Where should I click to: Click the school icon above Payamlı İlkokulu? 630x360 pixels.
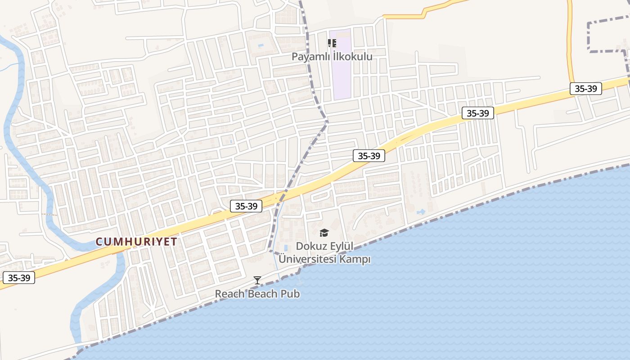[332, 43]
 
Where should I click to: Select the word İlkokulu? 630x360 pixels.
[353, 57]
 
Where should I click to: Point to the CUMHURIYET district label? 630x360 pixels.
[136, 242]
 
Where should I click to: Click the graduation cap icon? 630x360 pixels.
[324, 233]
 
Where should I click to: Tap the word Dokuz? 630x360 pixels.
[310, 247]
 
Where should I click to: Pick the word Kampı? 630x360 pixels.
[356, 260]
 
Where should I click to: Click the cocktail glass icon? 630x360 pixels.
[257, 280]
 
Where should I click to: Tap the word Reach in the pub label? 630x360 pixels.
[229, 294]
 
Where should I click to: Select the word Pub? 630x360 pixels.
[291, 294]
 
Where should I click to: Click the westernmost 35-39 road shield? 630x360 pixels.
[19, 278]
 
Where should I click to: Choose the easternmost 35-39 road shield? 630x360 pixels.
[586, 89]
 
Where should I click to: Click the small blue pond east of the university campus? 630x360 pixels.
[422, 211]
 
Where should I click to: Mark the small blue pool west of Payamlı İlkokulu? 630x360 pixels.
[261, 45]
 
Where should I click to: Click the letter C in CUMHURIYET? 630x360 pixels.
[99, 242]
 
